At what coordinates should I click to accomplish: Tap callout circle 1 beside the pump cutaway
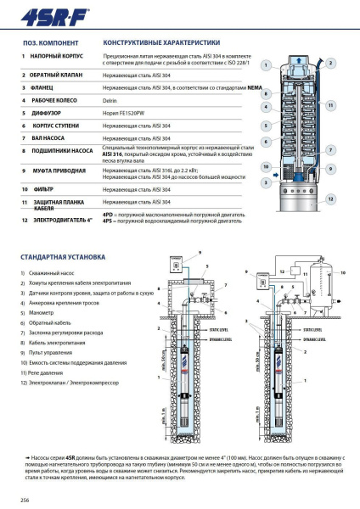point(267,64)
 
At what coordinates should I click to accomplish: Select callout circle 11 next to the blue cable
point(330,105)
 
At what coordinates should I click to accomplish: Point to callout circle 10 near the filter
point(267,167)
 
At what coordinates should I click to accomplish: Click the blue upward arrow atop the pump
point(298,62)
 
